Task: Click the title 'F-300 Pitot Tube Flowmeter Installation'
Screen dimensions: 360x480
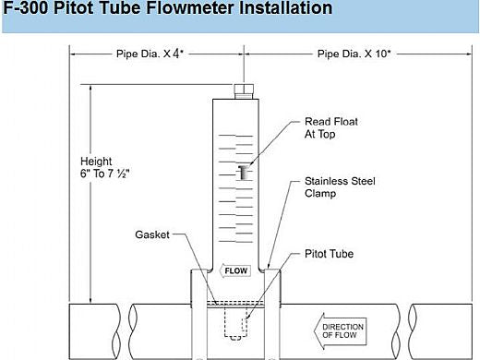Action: (x=167, y=10)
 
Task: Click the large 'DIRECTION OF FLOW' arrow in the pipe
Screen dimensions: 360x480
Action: (x=342, y=330)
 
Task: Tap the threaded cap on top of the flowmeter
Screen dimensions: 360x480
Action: (x=246, y=90)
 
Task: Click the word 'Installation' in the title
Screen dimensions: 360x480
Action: (x=282, y=10)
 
